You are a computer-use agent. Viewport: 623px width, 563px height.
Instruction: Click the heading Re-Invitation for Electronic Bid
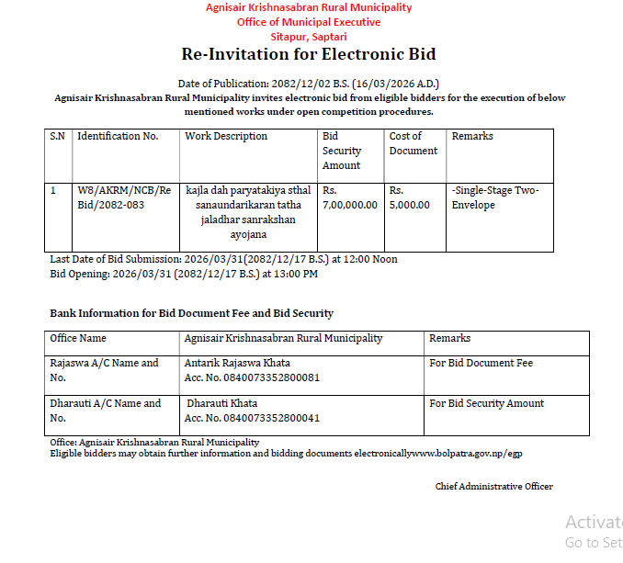(x=309, y=54)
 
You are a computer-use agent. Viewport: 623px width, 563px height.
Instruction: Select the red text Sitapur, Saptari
(x=309, y=36)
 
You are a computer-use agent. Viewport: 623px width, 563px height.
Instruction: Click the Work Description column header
(x=226, y=136)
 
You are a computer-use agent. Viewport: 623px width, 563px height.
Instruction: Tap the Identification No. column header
(x=118, y=136)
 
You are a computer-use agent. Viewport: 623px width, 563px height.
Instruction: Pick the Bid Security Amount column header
(x=342, y=151)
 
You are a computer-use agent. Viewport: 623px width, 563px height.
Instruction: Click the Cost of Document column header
(x=413, y=143)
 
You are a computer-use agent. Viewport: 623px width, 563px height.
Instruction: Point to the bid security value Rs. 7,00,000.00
(x=350, y=197)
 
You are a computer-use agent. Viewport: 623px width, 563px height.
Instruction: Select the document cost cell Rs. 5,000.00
(x=410, y=197)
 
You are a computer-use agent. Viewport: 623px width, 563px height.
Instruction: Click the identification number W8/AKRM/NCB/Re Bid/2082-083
(x=124, y=197)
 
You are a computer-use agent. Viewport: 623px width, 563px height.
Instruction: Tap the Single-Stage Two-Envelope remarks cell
(x=495, y=197)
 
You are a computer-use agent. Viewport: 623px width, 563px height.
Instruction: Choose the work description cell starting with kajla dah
(x=248, y=212)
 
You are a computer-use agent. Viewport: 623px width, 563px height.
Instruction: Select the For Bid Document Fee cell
(x=481, y=363)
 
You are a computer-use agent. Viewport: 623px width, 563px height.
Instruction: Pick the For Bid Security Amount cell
(x=486, y=403)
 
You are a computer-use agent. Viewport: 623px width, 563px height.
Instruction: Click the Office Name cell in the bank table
(x=78, y=338)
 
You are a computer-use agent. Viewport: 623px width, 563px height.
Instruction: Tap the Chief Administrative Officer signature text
(x=493, y=486)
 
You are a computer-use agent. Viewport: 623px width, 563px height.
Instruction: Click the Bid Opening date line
(x=184, y=274)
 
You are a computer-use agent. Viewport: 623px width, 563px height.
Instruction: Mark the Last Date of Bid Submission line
(x=223, y=259)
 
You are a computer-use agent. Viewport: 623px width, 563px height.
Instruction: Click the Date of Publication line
(x=309, y=84)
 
